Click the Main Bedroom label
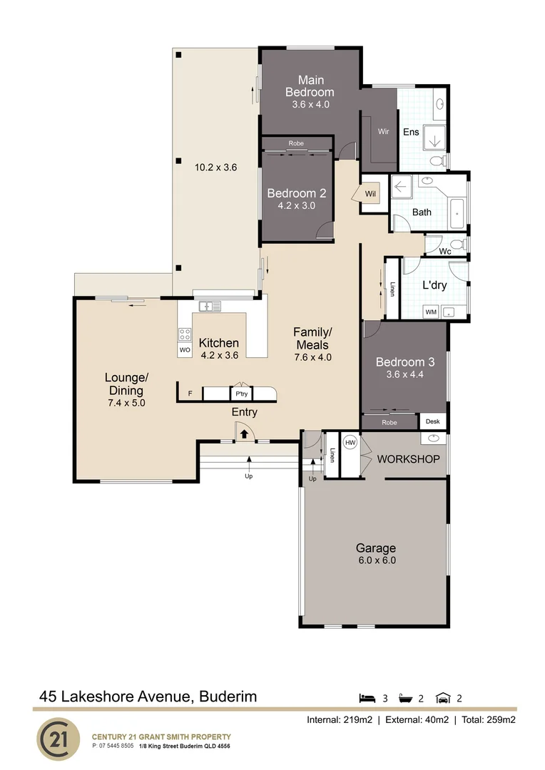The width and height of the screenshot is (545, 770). (x=310, y=86)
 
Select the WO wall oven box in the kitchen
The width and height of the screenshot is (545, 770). (x=185, y=350)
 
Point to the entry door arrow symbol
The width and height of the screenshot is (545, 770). (x=243, y=432)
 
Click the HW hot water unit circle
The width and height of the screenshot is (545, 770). (x=350, y=442)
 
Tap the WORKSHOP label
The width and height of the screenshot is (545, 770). (x=408, y=458)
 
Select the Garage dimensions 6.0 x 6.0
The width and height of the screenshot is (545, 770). (x=376, y=560)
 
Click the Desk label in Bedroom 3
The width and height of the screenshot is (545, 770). (x=433, y=422)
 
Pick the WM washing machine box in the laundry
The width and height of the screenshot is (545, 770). (x=431, y=312)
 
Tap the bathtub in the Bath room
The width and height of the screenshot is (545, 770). (x=457, y=211)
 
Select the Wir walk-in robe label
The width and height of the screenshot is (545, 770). (x=383, y=132)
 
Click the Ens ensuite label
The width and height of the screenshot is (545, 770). (x=411, y=132)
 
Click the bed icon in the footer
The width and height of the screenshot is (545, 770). (x=367, y=698)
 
